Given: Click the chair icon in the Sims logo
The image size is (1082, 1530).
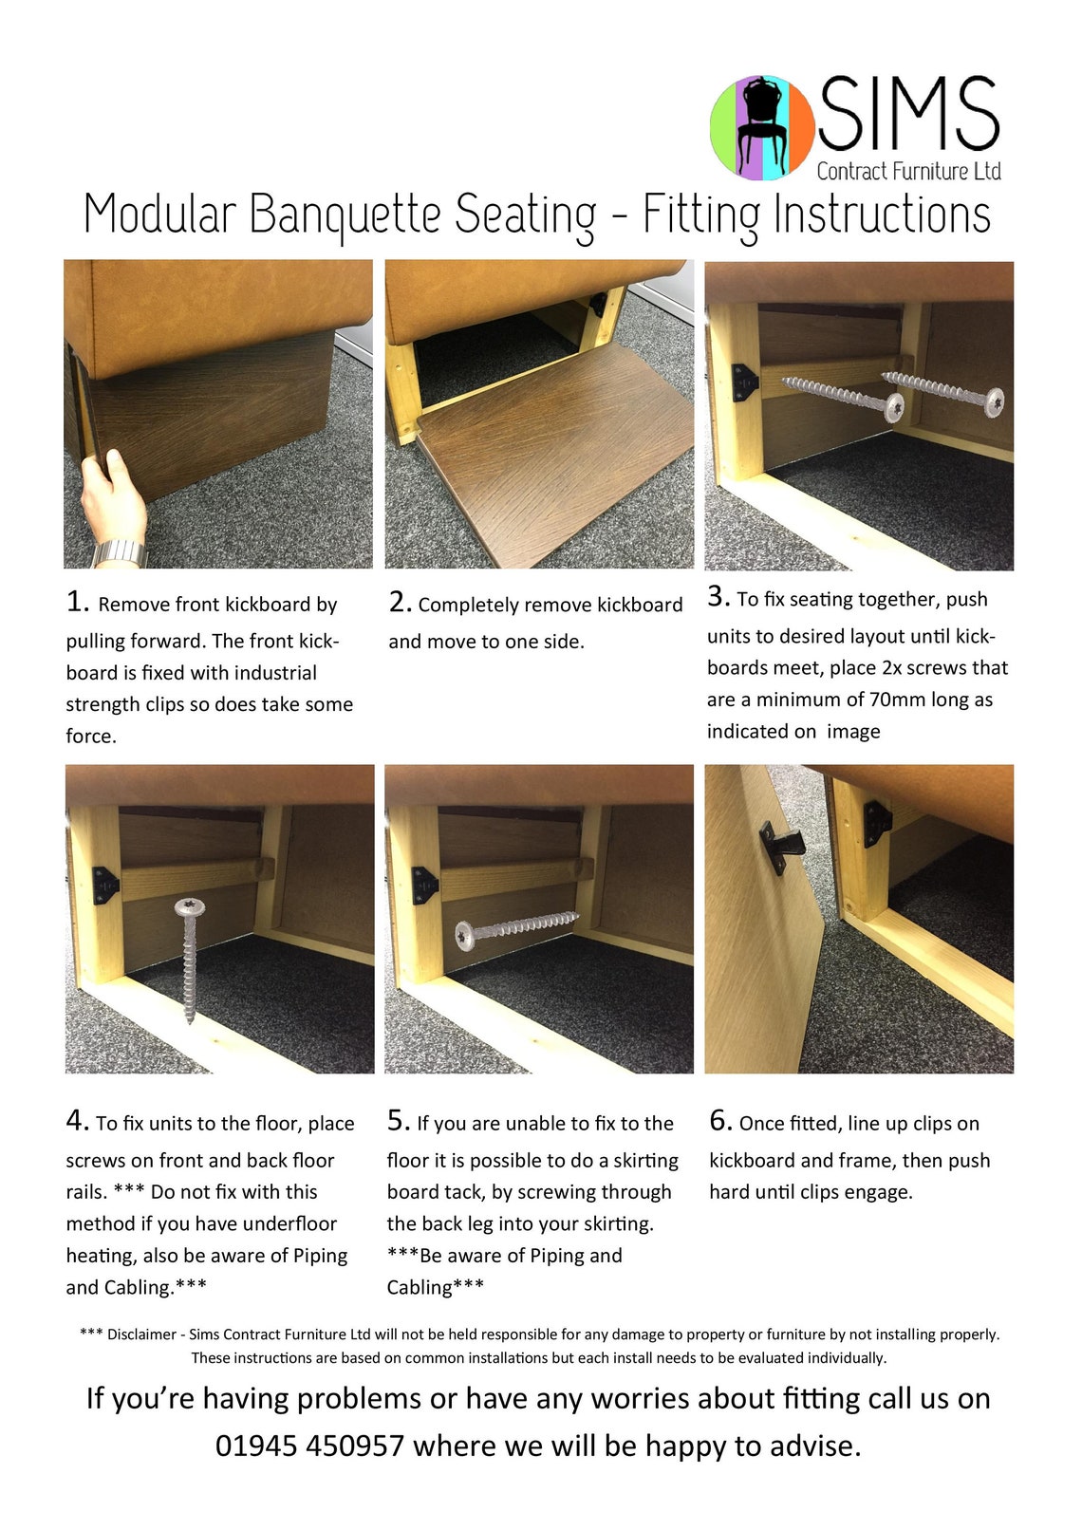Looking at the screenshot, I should [763, 126].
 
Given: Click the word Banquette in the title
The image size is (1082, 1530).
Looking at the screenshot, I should [345, 214].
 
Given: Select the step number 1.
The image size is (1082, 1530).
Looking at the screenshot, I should [77, 602].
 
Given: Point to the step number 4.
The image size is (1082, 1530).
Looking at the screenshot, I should [77, 1121].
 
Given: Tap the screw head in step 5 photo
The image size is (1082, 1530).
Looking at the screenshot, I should [465, 936].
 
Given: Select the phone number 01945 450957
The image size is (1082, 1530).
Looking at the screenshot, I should [309, 1446].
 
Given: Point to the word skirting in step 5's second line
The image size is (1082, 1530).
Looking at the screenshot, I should [645, 1161].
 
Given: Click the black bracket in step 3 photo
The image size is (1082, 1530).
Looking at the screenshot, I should [745, 382].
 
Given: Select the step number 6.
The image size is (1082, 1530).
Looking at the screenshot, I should [720, 1121].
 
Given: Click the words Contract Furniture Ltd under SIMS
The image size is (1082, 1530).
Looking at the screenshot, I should [908, 172].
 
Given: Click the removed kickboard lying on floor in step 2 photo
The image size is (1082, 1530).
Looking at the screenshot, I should [560, 446].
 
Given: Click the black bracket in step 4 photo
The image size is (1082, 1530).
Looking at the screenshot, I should [104, 885].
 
